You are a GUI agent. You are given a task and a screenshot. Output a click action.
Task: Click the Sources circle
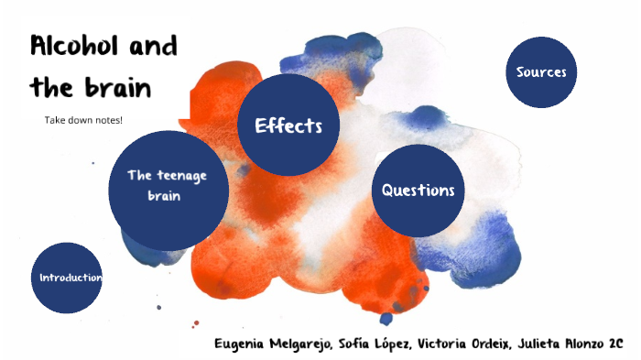coord(541,72)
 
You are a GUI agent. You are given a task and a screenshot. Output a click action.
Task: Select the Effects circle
coord(288,126)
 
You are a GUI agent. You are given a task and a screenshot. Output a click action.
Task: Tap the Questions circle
coord(418,191)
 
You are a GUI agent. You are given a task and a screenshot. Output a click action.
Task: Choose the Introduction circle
coord(66,278)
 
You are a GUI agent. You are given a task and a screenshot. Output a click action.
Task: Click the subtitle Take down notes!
coord(83,120)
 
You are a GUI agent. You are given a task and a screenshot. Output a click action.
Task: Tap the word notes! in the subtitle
coord(107,120)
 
